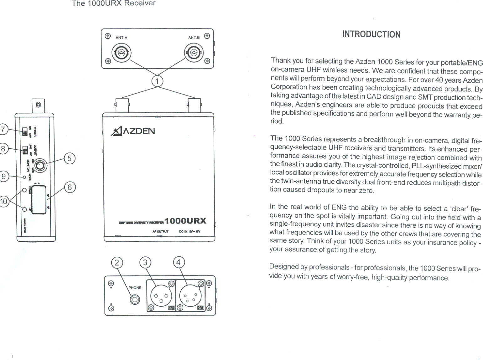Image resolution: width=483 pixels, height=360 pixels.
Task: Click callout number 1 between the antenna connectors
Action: [x=157, y=81]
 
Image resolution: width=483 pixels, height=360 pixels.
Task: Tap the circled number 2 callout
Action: [x=117, y=262]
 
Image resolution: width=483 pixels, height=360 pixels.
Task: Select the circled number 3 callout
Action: [x=145, y=262]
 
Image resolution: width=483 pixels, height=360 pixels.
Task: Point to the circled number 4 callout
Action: [x=179, y=262]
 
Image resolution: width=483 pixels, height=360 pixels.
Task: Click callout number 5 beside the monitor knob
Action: [x=70, y=158]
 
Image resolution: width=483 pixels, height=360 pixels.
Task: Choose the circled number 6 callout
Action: [x=70, y=188]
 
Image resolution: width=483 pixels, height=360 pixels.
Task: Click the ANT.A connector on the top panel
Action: [x=121, y=53]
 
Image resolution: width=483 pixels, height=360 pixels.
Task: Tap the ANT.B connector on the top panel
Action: [x=194, y=53]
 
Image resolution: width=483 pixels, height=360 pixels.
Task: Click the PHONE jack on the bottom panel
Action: [x=135, y=300]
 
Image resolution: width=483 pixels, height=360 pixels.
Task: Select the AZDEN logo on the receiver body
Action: [x=133, y=131]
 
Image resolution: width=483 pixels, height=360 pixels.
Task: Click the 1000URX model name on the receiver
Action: [x=185, y=221]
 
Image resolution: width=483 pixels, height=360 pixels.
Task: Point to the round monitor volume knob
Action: [x=40, y=165]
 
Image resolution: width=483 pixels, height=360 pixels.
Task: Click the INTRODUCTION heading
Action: [x=371, y=34]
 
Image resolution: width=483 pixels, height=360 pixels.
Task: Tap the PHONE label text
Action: [x=135, y=288]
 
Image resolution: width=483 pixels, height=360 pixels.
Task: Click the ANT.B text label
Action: [x=194, y=38]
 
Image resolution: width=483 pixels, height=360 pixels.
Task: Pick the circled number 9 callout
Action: [x=4, y=176]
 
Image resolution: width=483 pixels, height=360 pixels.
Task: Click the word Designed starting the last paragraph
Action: [x=284, y=266]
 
